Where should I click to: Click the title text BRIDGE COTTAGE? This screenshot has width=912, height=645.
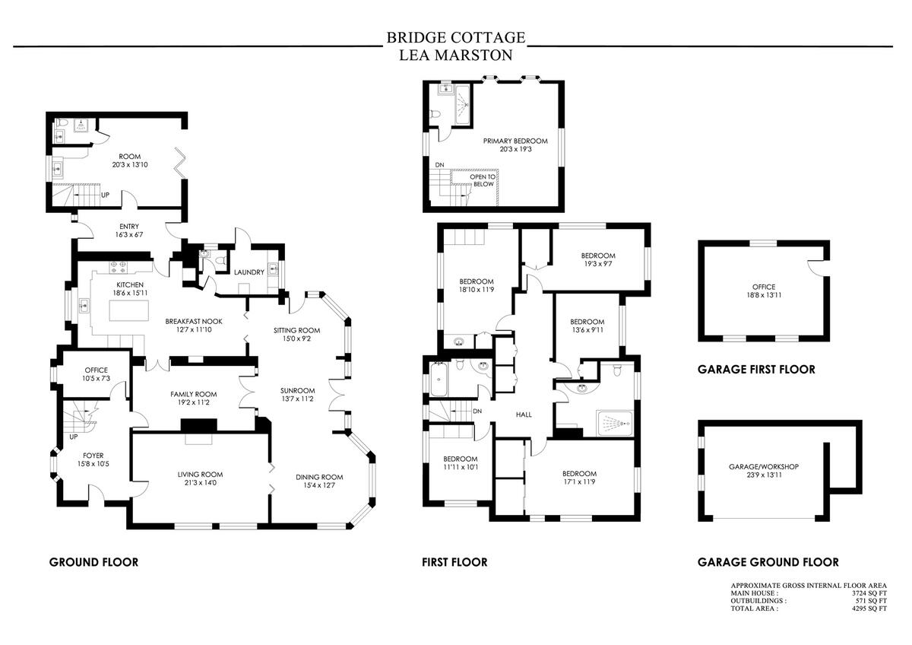455,37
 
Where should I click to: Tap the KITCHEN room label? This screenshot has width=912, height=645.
130,285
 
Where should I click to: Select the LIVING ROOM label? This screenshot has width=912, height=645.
200,475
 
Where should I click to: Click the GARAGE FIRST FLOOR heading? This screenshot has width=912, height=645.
756,370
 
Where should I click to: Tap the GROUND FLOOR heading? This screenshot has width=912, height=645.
93,563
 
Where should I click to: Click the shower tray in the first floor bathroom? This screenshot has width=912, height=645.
616,420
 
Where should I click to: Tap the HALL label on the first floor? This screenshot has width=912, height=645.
523,415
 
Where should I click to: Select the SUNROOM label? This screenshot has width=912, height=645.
297,391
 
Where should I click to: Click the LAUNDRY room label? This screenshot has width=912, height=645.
249,272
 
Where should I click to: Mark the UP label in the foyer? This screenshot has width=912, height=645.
74,437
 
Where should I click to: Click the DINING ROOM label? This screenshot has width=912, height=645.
319,478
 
